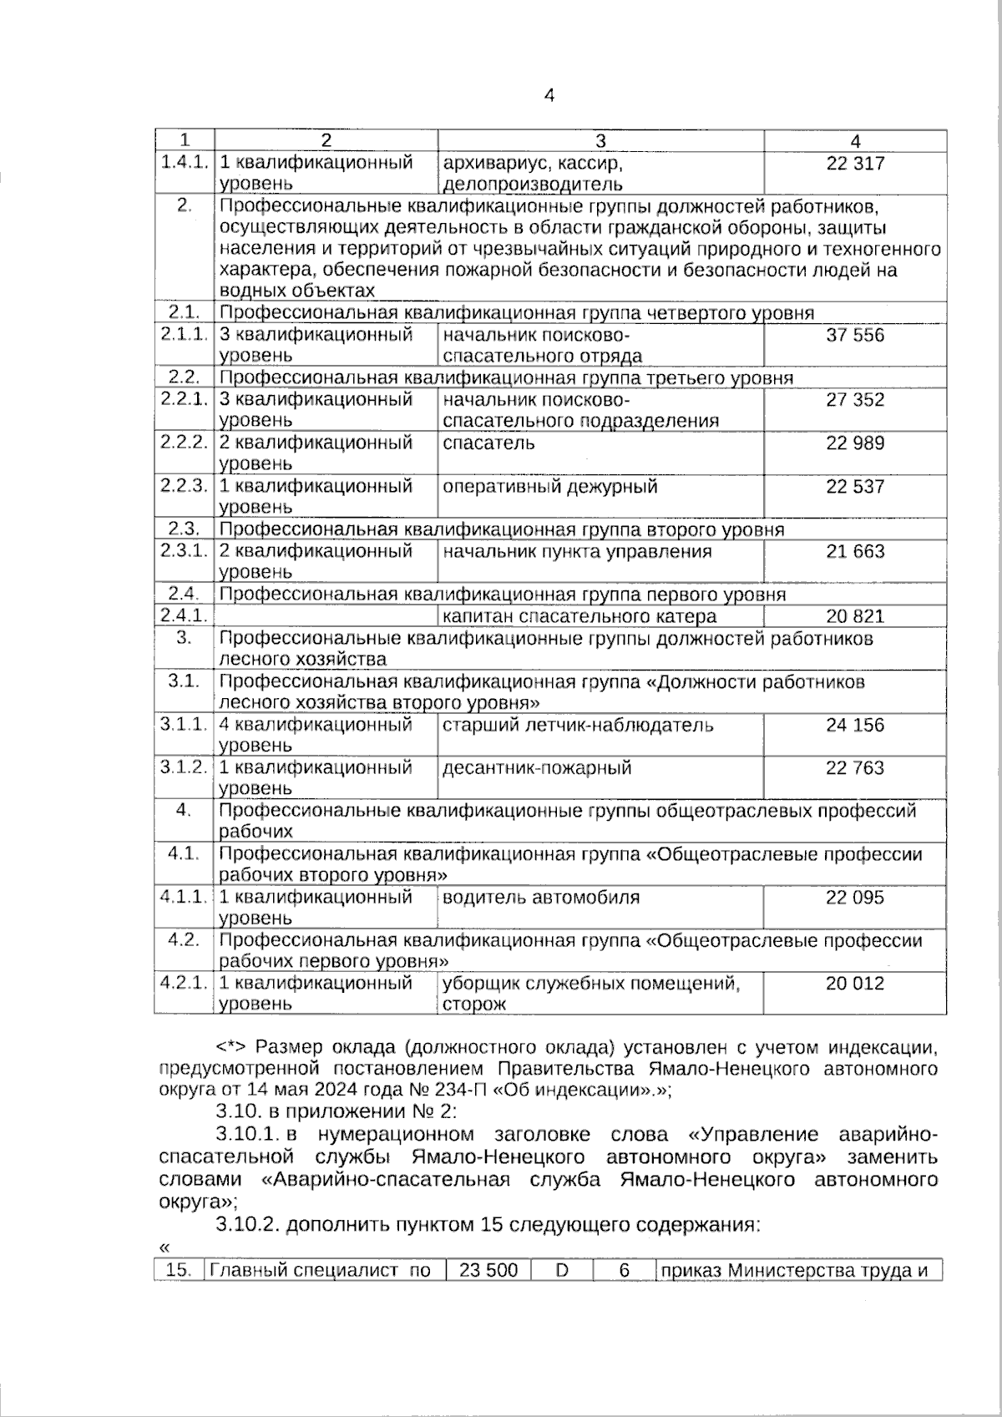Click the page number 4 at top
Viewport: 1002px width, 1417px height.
[549, 95]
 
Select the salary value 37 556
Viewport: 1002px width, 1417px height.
[854, 336]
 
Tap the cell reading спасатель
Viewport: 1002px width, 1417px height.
[488, 443]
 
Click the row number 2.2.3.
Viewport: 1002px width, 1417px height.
[184, 486]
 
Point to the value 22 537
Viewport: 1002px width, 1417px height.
[854, 487]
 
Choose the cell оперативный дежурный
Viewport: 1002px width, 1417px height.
[549, 487]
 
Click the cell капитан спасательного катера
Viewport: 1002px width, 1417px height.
[579, 617]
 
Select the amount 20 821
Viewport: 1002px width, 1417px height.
[854, 617]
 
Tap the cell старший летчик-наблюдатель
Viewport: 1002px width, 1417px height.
[577, 726]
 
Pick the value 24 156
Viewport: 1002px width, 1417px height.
[854, 726]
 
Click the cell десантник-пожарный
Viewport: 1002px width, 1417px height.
[537, 768]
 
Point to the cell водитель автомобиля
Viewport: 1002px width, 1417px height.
[540, 898]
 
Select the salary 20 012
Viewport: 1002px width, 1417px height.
[854, 984]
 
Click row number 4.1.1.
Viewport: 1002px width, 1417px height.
[184, 898]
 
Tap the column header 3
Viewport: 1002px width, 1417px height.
[600, 142]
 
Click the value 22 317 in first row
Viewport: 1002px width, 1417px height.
[854, 164]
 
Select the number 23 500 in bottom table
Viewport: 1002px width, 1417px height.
[488, 1271]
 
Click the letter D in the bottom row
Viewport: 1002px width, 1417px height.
[562, 1271]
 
